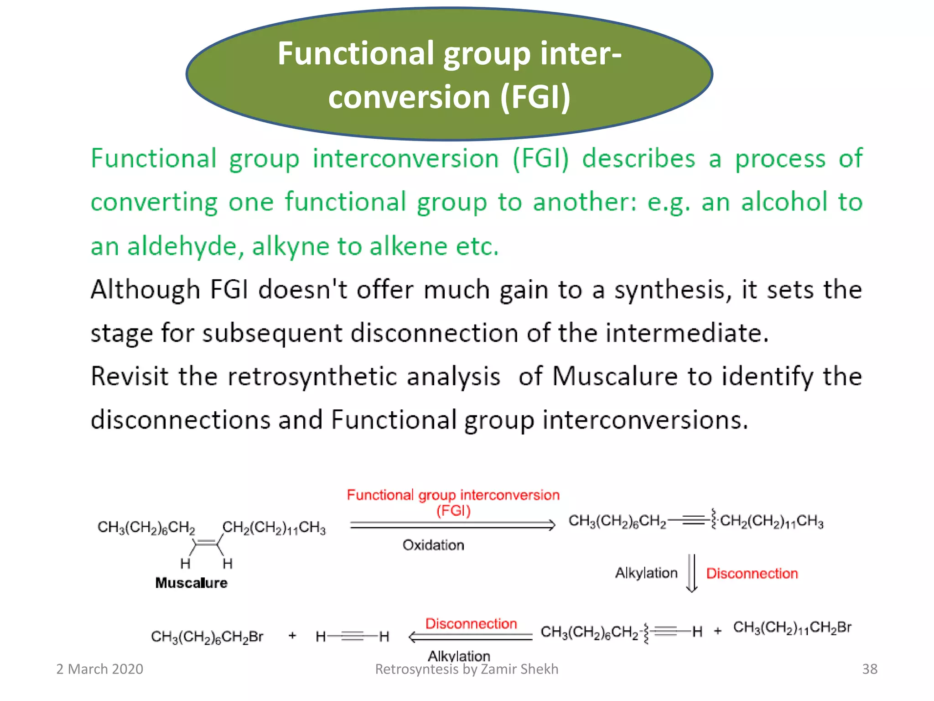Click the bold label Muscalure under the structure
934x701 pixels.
point(191,583)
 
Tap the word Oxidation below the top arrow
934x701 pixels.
point(433,545)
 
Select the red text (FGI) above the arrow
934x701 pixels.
point(453,510)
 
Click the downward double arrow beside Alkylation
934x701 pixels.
point(692,573)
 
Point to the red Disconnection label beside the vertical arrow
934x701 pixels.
point(752,573)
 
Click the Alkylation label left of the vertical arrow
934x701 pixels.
point(646,573)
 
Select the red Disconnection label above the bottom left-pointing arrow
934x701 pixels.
point(471,623)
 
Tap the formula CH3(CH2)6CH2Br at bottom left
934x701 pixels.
point(207,637)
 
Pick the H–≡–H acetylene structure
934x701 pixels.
point(352,636)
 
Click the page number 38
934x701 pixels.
point(869,669)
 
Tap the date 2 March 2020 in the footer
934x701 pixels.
point(99,669)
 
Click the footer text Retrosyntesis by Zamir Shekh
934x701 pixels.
point(467,669)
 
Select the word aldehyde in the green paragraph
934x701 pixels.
point(182,246)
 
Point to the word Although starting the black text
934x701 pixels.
point(145,290)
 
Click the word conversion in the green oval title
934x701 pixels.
point(409,97)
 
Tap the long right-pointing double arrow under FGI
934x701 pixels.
point(452,525)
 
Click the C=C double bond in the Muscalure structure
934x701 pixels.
point(207,543)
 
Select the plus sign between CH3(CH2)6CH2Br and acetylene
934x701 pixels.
point(292,635)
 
